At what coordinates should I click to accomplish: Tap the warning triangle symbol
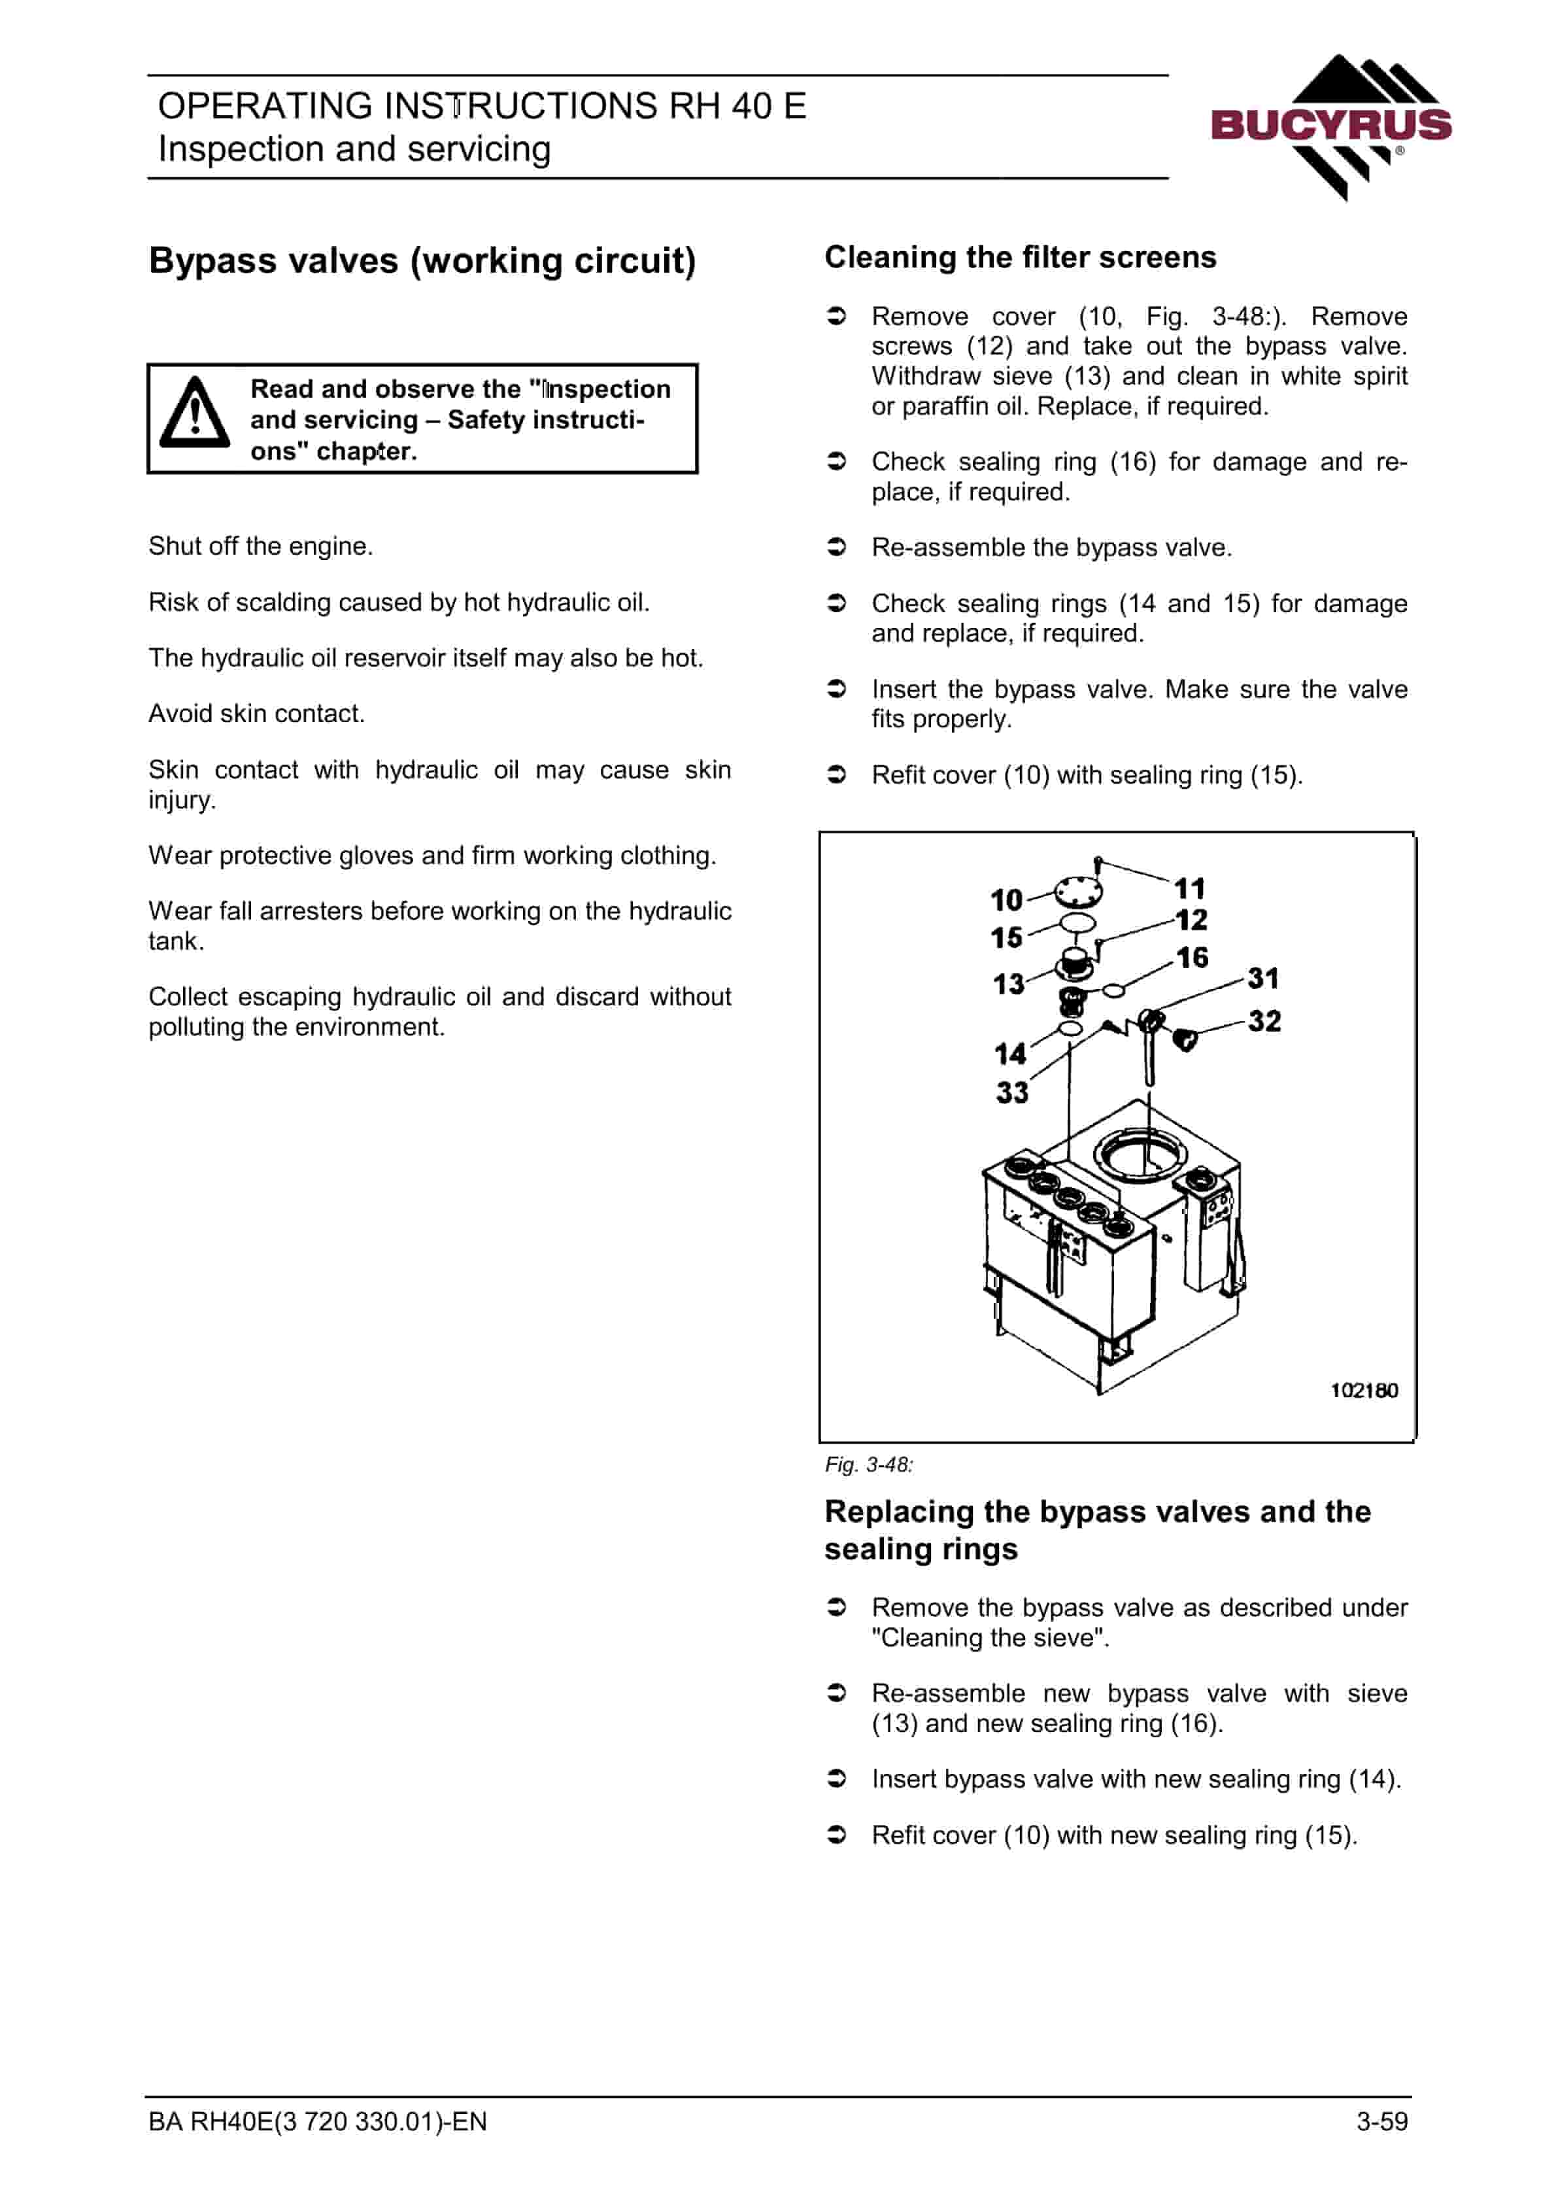coord(195,413)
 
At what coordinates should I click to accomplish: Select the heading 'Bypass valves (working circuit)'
coord(422,261)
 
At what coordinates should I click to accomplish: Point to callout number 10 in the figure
coord(1006,900)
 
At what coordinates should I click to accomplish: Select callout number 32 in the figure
coord(1264,1021)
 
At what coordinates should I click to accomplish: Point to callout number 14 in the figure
coord(1010,1054)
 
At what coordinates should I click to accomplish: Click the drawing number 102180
coord(1363,1391)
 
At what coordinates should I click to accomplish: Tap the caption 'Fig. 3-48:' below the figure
coord(869,1465)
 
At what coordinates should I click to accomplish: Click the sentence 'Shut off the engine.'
coord(261,546)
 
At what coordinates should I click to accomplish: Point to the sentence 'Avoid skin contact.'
coord(256,714)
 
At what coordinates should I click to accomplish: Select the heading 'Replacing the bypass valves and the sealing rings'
coord(1098,1531)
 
